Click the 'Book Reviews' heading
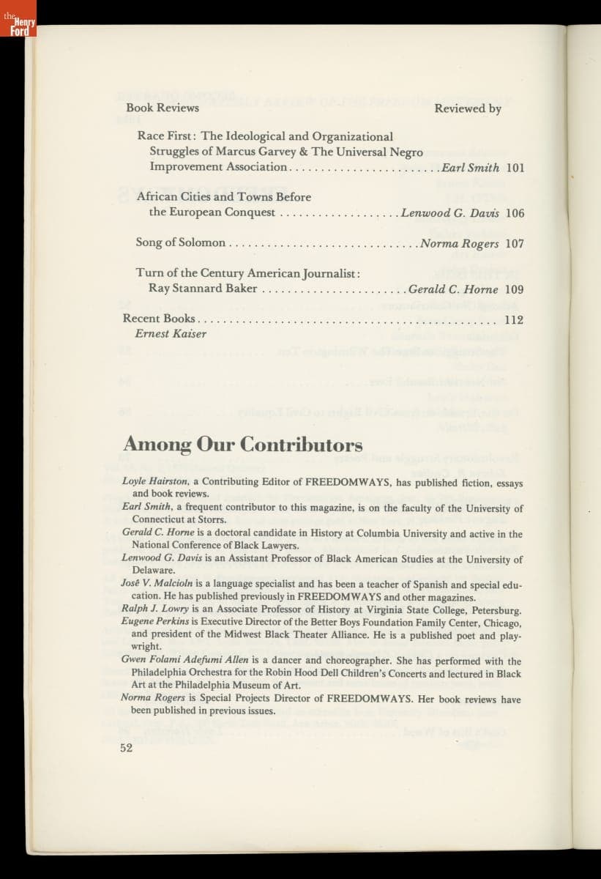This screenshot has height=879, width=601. click(x=162, y=108)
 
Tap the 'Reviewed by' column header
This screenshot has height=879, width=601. click(x=468, y=108)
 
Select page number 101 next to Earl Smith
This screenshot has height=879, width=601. click(x=515, y=167)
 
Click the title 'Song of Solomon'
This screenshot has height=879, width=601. click(x=180, y=243)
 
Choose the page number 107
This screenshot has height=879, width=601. click(x=515, y=244)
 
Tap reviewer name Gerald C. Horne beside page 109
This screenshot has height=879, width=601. click(x=453, y=289)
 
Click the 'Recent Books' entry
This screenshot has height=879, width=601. click(x=159, y=319)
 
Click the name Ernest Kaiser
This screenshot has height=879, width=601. click(x=171, y=334)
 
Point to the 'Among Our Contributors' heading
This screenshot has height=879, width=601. click(x=242, y=445)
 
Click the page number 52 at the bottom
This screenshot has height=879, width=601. click(x=127, y=748)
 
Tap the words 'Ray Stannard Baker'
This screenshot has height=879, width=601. click(x=203, y=289)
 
